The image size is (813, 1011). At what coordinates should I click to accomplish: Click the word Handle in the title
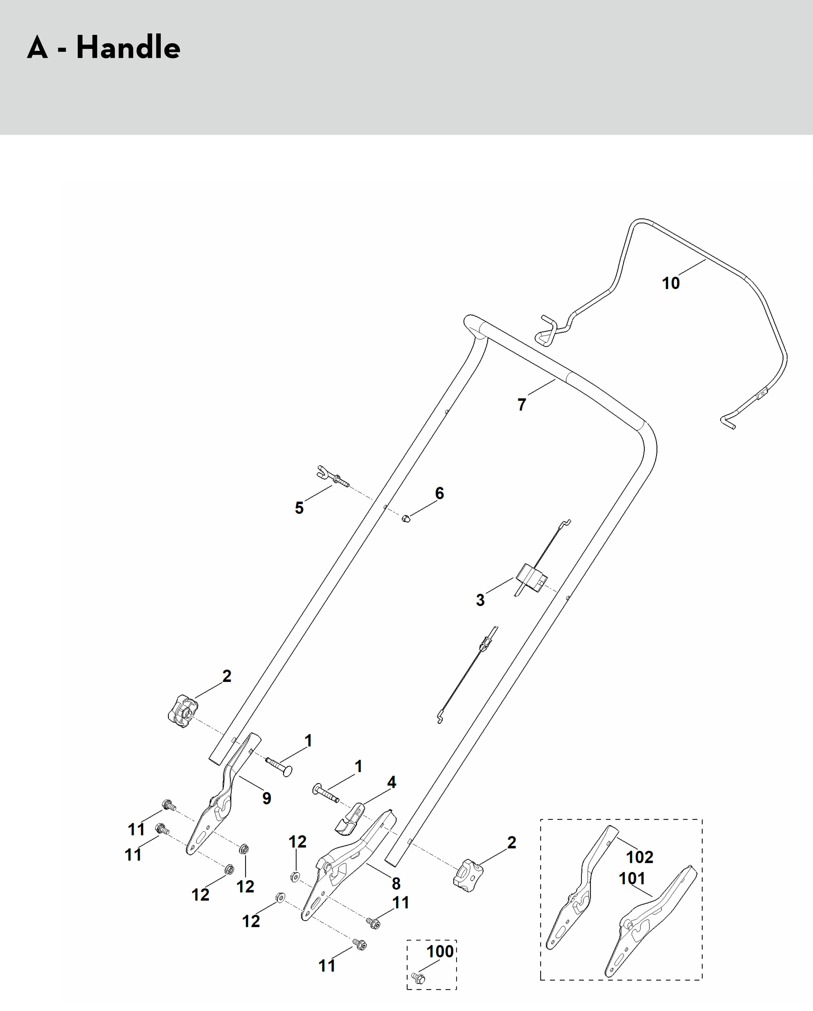pos(128,48)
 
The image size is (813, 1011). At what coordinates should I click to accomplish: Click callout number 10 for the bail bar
pos(670,283)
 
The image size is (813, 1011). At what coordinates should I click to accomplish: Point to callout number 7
pos(522,404)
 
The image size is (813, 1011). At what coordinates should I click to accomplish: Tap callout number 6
pos(439,493)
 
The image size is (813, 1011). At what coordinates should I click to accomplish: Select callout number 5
pos(299,508)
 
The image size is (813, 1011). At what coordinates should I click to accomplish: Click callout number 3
pos(480,600)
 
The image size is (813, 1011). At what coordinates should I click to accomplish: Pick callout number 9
pos(267,798)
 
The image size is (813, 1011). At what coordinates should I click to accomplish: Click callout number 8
pos(396,883)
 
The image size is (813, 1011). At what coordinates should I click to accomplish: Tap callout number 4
pos(391,782)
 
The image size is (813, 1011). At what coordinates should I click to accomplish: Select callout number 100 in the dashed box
pos(440,951)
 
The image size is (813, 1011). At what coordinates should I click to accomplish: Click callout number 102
pos(639,857)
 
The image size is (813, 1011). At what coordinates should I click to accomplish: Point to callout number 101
pos(632,878)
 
